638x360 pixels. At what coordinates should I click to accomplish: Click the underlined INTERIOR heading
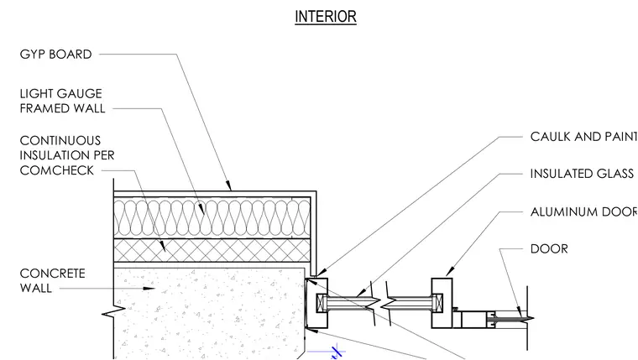point(326,17)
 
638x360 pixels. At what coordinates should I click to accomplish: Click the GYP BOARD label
point(55,55)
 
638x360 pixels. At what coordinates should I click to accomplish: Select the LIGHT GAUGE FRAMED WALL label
point(62,101)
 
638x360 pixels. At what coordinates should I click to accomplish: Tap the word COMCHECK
point(56,170)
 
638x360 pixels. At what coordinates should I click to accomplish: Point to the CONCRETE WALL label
point(53,280)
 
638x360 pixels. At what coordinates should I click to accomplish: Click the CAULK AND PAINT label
point(584,137)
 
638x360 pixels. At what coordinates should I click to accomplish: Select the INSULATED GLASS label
point(582,174)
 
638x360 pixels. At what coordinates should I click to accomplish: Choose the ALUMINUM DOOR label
point(584,211)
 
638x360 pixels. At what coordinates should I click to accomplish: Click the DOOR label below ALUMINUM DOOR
point(549,249)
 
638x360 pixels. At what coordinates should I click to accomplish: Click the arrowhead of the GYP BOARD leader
point(228,186)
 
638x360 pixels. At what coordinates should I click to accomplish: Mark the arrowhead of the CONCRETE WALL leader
point(149,289)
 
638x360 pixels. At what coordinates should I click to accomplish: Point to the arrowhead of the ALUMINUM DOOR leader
point(450,272)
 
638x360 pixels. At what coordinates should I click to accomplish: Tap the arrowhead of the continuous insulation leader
point(163,247)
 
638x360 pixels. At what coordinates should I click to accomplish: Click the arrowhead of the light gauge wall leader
point(201,209)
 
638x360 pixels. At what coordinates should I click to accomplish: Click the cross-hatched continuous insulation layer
point(212,250)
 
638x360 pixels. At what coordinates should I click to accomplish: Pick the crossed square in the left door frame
point(322,303)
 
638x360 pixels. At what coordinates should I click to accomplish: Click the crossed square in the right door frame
point(438,303)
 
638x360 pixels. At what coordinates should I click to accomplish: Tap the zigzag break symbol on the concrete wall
point(113,311)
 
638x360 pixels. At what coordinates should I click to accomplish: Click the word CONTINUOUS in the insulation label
point(60,141)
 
